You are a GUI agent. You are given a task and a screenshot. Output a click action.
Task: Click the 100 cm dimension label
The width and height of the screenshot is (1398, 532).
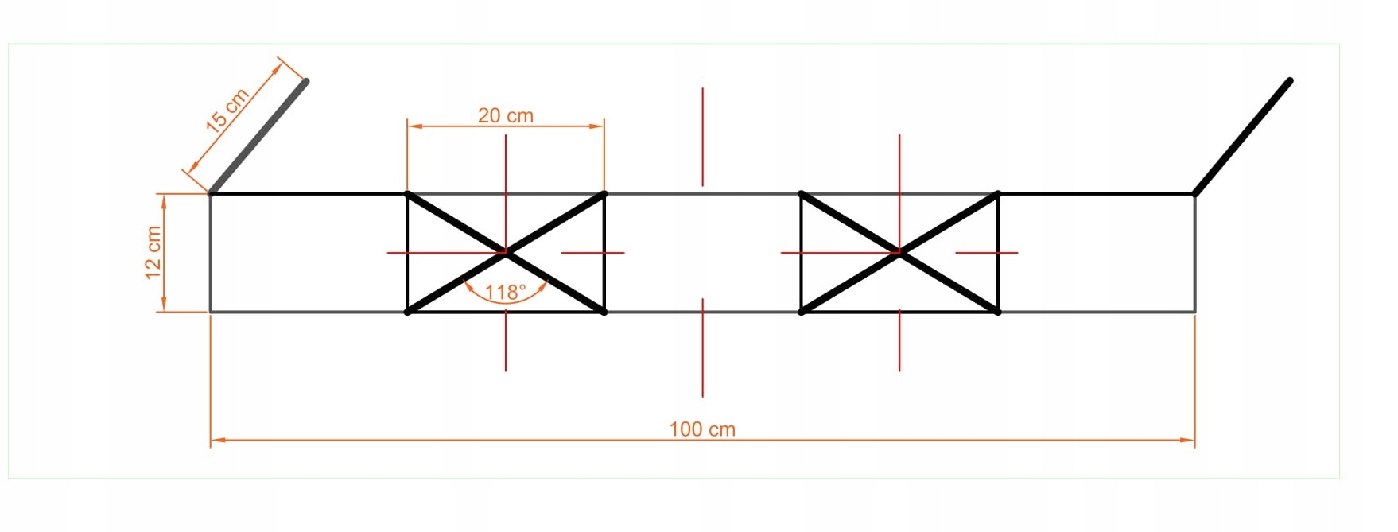point(702,429)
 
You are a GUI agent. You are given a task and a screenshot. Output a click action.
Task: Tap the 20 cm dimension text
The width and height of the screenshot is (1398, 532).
point(506,116)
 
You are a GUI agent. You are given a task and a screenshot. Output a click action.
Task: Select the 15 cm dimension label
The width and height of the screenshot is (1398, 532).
point(227,110)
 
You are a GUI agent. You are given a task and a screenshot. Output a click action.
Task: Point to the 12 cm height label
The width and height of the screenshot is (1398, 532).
point(153,253)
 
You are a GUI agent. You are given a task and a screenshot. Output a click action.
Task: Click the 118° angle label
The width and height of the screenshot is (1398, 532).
point(506,293)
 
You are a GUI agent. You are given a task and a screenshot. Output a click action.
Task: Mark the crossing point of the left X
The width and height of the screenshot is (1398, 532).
point(506,253)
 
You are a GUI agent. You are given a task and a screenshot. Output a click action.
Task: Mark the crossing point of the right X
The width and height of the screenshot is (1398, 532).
point(899,253)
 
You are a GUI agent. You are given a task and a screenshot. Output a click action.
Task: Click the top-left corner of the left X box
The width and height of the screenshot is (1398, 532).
point(408,194)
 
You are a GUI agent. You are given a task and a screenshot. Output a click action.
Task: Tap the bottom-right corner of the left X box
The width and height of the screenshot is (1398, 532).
point(604,312)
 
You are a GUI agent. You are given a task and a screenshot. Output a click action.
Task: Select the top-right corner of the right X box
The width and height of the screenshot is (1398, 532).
point(998,194)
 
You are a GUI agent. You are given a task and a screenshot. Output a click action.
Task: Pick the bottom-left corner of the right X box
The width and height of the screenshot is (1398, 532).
point(802,312)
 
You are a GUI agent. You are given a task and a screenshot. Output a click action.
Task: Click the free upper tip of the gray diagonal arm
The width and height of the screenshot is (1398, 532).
point(306,80)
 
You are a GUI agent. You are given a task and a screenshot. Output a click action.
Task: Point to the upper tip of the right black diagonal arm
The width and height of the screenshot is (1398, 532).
point(1289,80)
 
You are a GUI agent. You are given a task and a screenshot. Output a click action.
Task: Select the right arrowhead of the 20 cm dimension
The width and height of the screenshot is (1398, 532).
point(599,126)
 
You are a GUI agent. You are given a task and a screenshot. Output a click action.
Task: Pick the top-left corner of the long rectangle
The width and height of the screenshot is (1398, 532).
point(211,194)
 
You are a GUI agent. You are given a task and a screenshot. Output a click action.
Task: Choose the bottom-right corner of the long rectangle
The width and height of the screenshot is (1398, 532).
point(1194,312)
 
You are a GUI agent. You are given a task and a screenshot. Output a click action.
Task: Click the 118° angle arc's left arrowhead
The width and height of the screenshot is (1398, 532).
point(468,284)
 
